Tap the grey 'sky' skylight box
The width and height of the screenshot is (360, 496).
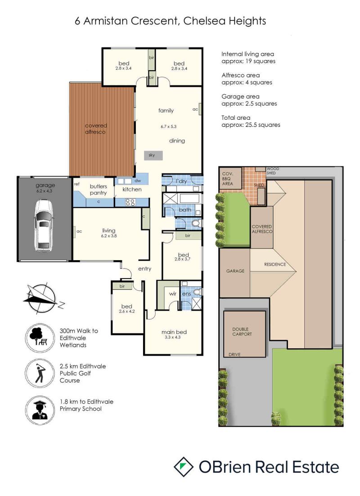(153, 155)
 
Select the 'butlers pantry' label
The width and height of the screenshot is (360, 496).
(99, 189)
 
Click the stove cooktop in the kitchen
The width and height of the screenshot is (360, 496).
(130, 202)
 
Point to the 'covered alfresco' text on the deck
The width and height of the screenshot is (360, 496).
(95, 129)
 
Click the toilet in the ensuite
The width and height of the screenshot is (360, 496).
(198, 291)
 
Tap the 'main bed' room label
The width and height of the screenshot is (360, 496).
(174, 332)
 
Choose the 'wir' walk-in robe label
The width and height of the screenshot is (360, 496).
(173, 294)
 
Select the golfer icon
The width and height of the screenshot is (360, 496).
(40, 373)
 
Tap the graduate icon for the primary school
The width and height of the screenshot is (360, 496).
(40, 410)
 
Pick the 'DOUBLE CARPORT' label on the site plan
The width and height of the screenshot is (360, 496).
(242, 332)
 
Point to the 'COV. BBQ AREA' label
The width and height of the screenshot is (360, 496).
(228, 179)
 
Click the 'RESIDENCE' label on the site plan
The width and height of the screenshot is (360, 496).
(275, 265)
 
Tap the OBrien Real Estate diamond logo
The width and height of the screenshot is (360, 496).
(184, 467)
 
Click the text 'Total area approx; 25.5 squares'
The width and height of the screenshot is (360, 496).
(251, 121)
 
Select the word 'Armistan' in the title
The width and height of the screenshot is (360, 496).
(106, 21)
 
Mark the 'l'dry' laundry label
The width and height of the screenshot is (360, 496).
(181, 181)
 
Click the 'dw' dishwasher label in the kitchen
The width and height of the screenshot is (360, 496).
(138, 180)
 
